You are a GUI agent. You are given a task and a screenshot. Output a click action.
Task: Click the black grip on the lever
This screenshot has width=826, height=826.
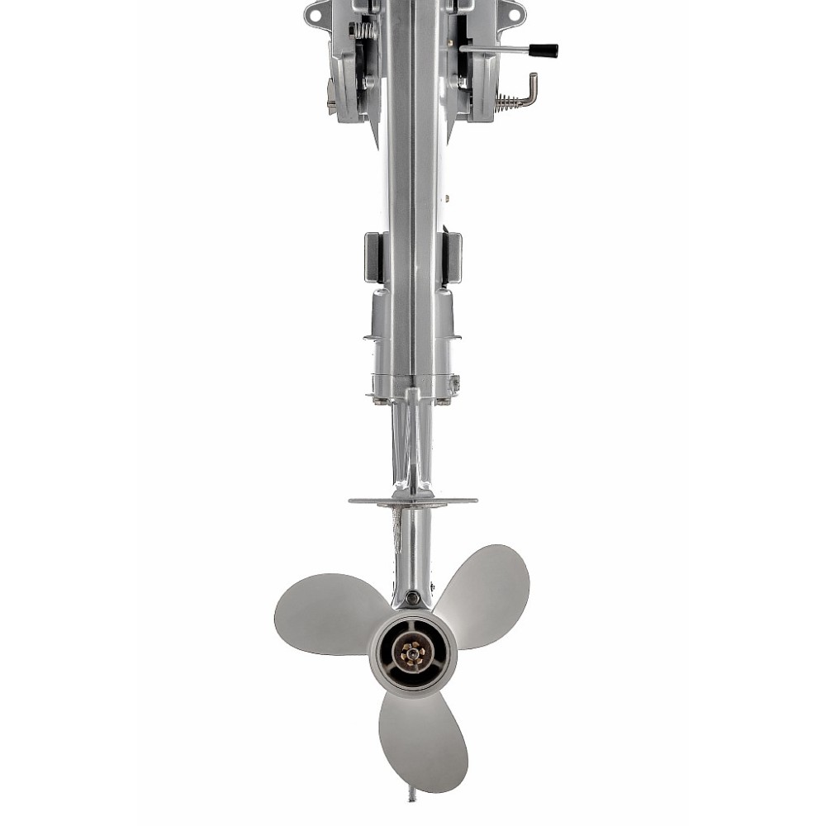[x=544, y=50]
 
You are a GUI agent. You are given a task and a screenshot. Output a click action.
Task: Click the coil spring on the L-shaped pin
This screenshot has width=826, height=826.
[x=508, y=102]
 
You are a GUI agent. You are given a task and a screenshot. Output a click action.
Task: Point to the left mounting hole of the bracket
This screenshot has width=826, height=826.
[x=315, y=13]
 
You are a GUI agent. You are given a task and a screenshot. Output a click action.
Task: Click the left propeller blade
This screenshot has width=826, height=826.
[x=326, y=613]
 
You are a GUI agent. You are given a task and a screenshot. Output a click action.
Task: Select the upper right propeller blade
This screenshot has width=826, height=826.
[x=487, y=591]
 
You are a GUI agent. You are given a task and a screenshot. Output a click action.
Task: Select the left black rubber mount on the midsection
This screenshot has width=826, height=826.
[x=373, y=258]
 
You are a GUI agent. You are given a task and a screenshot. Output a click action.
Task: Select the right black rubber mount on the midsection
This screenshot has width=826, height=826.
[x=453, y=258]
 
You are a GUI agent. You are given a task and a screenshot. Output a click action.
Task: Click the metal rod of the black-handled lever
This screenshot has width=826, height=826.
[x=496, y=50]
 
